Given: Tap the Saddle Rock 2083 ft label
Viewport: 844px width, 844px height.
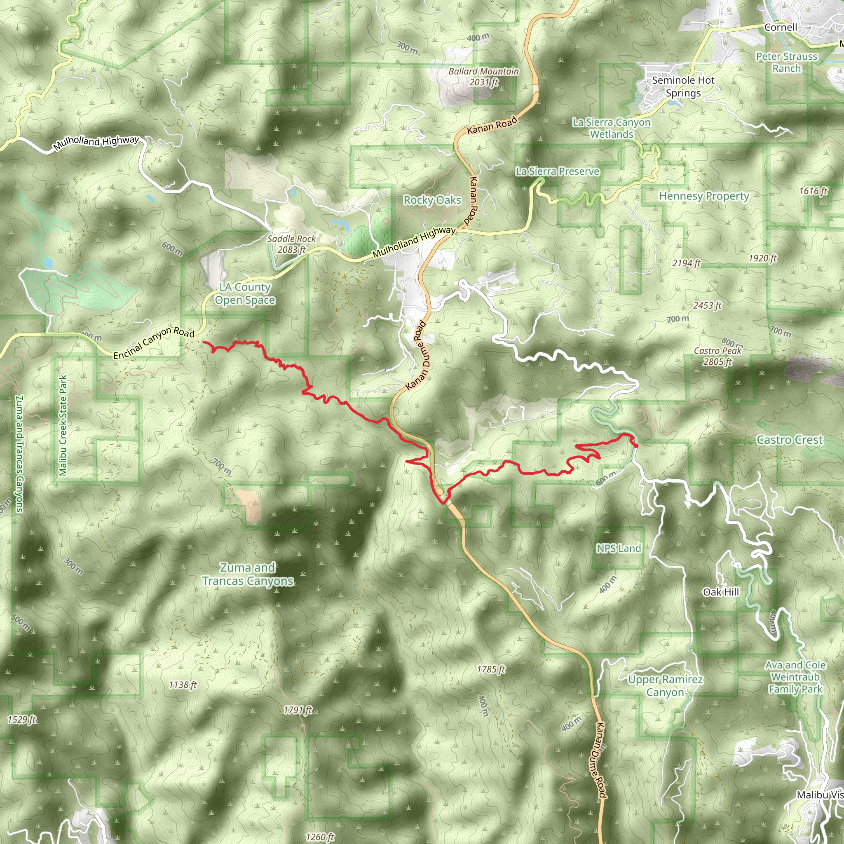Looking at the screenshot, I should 291,244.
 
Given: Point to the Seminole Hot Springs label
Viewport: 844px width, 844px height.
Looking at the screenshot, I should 683,87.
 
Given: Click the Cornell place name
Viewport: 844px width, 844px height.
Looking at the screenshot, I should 780,27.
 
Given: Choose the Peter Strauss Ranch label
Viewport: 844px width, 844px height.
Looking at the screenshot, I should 786,63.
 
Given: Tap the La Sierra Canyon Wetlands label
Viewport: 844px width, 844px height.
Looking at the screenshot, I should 611,128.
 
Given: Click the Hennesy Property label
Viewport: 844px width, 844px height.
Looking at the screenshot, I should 704,196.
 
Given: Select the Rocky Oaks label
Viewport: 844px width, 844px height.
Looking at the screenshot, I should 432,200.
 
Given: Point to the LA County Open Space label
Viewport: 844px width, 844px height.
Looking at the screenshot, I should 245,293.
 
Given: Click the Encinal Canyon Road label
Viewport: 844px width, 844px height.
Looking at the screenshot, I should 154,342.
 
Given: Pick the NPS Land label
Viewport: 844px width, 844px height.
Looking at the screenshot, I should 619,548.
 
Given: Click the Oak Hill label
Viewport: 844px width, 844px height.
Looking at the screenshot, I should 721,592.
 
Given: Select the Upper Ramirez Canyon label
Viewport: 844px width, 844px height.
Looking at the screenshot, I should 665,685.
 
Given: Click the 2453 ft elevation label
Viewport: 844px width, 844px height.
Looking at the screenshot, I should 707,305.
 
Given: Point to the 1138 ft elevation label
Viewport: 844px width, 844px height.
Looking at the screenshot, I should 183,685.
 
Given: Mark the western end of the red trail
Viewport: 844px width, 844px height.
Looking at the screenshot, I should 204,342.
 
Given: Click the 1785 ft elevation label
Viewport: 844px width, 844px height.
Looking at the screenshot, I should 491,669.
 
